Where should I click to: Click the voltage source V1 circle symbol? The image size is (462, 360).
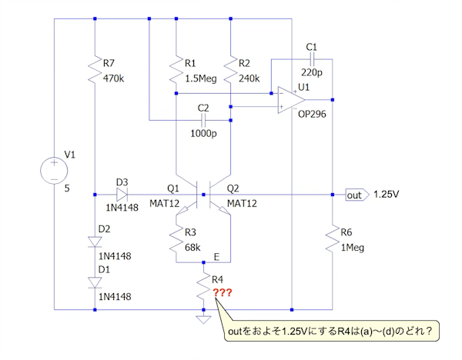[55, 171]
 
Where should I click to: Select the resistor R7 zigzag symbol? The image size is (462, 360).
[93, 70]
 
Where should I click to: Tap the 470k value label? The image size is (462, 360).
[113, 78]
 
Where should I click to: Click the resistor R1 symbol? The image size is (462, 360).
[176, 70]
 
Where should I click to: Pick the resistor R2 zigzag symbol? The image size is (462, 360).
[230, 70]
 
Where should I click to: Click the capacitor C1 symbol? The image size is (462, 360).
[311, 59]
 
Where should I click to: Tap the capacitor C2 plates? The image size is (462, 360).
[203, 120]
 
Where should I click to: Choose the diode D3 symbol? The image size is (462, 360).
[122, 195]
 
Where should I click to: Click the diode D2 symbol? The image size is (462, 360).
[93, 241]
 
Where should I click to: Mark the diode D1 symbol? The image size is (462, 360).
[93, 282]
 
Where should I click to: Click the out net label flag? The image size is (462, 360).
[357, 195]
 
